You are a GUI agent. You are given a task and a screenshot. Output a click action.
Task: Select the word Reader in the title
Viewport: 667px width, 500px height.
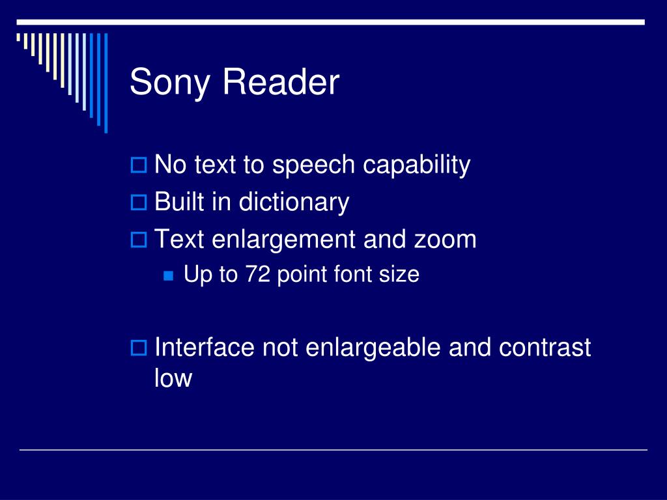281,83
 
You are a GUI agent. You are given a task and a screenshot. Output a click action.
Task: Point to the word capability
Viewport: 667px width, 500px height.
416,165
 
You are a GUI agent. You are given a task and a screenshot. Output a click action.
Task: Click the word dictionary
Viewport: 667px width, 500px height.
294,202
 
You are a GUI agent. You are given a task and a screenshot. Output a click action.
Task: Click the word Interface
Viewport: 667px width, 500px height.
205,347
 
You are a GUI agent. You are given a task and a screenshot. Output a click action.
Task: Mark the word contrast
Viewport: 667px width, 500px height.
545,347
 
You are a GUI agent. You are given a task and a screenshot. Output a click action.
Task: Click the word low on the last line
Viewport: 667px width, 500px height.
173,378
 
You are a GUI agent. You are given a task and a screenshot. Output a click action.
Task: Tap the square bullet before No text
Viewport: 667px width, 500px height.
138,166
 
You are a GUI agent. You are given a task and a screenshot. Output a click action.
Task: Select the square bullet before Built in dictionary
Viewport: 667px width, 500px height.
138,203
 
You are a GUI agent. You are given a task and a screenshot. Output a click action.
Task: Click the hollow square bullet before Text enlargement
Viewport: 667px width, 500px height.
138,240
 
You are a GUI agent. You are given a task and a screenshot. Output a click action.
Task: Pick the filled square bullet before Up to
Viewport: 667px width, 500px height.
169,276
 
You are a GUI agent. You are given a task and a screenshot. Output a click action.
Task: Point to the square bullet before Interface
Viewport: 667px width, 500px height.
138,348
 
